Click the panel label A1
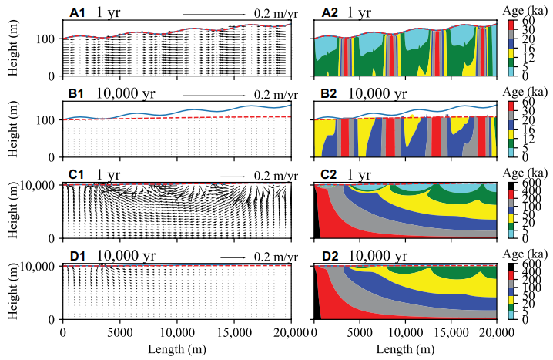79,12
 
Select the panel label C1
79,175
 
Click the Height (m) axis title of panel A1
15,45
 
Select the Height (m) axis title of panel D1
15,288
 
